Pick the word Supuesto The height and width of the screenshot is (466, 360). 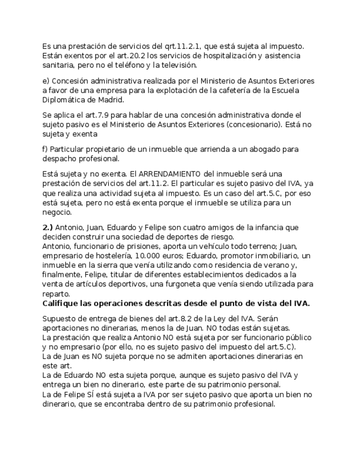(x=61, y=319)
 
